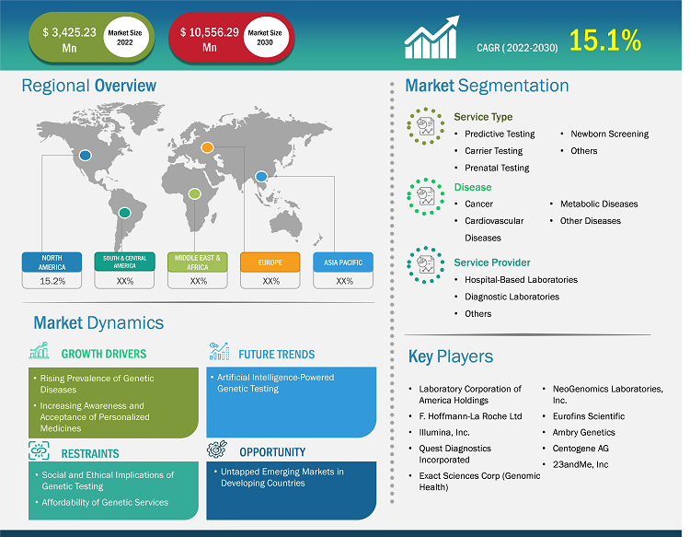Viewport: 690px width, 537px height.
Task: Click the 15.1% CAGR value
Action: click(x=605, y=40)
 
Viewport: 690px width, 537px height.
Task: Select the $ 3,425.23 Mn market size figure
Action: click(x=70, y=39)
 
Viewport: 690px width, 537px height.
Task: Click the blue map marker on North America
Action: click(x=86, y=156)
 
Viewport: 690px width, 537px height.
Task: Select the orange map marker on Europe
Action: click(x=207, y=147)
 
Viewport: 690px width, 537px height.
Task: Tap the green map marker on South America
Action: click(x=125, y=213)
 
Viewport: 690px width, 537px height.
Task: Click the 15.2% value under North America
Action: click(x=52, y=281)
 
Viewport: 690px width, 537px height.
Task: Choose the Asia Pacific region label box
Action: click(x=343, y=262)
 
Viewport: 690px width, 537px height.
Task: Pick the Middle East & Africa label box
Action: click(x=198, y=262)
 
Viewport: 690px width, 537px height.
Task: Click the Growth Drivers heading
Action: click(x=103, y=354)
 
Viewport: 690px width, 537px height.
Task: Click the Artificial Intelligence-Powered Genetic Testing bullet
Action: click(x=276, y=383)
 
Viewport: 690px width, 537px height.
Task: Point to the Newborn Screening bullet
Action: click(x=609, y=134)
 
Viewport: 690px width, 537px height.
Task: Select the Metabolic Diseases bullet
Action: click(x=599, y=204)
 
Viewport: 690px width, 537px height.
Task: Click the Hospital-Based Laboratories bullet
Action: click(x=521, y=279)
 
